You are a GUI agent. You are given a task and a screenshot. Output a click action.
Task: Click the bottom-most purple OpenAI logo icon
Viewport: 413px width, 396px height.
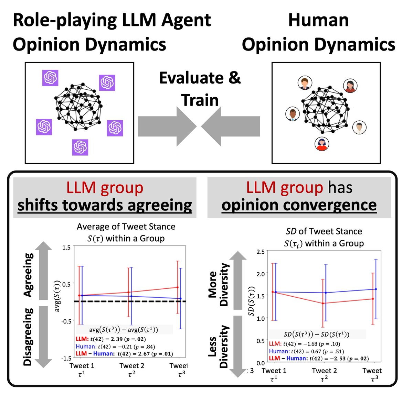click(80, 147)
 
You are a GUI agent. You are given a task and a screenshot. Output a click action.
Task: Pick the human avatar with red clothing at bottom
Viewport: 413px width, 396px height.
click(322, 144)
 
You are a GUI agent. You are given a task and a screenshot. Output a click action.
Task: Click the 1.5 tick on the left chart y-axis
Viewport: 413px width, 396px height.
click(67, 247)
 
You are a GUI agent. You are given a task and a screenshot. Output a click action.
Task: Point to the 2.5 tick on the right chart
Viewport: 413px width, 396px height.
click(261, 252)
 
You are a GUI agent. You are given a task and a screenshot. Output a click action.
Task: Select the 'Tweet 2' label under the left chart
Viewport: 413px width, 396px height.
click(132, 366)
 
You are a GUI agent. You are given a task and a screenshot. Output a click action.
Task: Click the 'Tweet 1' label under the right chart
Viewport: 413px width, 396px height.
click(274, 371)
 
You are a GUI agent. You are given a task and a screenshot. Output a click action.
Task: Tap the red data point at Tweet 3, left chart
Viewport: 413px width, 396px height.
click(178, 287)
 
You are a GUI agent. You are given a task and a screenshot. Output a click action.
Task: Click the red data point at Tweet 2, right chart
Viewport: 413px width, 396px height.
click(323, 303)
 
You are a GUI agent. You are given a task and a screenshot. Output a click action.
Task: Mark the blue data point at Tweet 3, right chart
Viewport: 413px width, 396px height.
click(376, 289)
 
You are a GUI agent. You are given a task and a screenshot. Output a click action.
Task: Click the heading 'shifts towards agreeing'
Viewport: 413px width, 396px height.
click(105, 205)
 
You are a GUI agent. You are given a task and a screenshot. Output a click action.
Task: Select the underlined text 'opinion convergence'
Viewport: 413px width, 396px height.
click(299, 205)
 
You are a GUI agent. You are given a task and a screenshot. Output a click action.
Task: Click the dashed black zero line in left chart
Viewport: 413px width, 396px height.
click(138, 301)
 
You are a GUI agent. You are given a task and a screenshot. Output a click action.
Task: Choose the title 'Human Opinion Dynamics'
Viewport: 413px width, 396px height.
click(318, 33)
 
